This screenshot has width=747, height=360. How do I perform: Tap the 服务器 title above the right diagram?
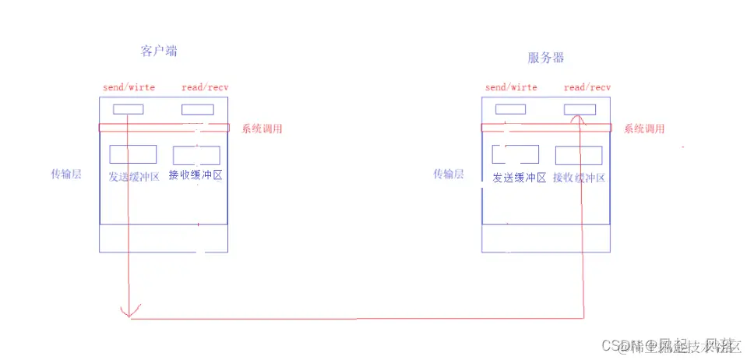click(545, 58)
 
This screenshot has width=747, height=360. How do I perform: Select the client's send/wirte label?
click(129, 87)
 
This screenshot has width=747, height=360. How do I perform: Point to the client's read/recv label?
click(205, 87)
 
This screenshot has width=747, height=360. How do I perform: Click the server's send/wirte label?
click(511, 87)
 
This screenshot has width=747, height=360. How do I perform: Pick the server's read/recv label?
click(587, 87)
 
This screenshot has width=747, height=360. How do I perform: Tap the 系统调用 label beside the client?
click(262, 129)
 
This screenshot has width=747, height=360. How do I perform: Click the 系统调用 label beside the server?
click(643, 129)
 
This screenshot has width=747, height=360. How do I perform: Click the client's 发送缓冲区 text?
click(134, 176)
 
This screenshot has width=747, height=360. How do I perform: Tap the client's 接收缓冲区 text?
click(196, 175)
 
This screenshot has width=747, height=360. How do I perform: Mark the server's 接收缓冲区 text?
click(580, 178)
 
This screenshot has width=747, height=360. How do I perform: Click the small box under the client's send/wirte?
click(129, 109)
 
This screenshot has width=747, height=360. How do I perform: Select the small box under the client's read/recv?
click(198, 109)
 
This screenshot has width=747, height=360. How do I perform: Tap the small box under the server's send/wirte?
click(510, 109)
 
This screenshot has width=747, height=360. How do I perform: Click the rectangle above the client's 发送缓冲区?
click(133, 154)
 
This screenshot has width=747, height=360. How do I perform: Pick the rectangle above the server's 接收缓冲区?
click(579, 155)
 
